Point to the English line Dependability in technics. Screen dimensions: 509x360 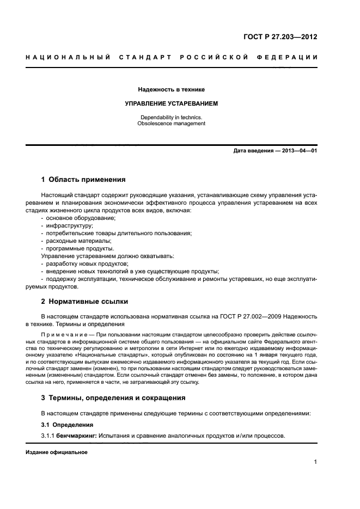click(171, 117)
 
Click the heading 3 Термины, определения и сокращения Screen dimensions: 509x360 click(113, 397)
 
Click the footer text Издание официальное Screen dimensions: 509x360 click(56, 452)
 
